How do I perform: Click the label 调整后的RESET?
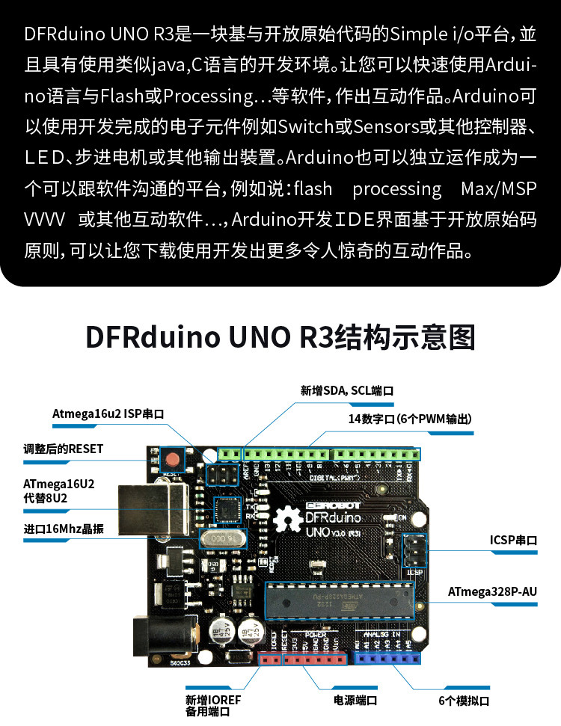[63, 449]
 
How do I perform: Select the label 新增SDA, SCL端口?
[347, 390]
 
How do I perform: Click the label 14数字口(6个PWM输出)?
[410, 419]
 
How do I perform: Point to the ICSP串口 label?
[513, 539]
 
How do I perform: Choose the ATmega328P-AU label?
[493, 591]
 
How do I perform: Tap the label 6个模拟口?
[464, 701]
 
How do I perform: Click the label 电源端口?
[355, 701]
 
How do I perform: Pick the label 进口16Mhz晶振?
[63, 529]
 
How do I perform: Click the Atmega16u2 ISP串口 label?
[108, 413]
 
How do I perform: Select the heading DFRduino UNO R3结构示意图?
[280, 337]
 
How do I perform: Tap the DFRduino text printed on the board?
[333, 517]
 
